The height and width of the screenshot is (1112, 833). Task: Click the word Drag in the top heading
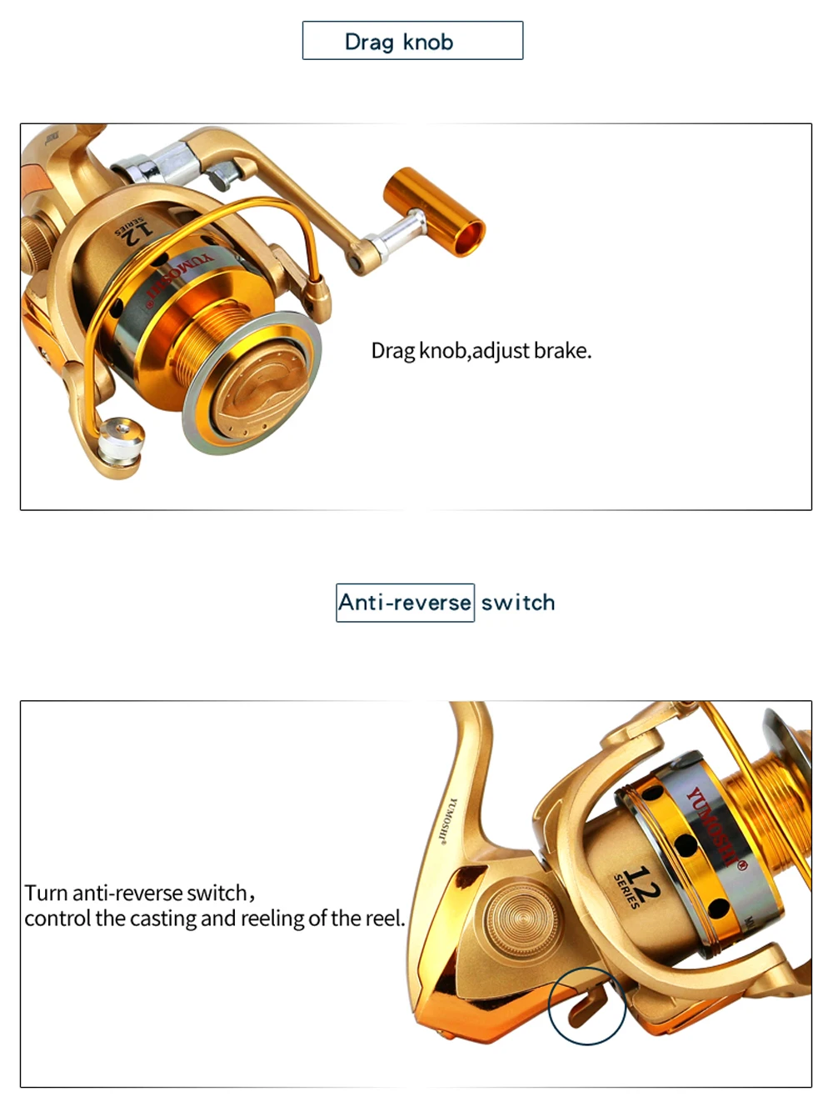[369, 43]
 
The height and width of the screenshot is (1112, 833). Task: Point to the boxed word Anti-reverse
[405, 603]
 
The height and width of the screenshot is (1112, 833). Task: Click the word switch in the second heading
[518, 603]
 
